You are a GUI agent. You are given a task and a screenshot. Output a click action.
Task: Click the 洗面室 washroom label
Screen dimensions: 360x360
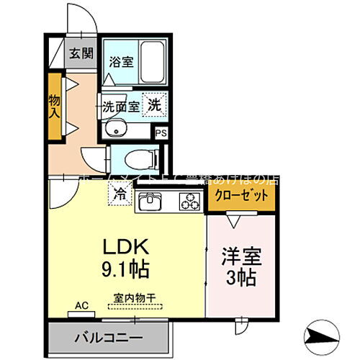117,105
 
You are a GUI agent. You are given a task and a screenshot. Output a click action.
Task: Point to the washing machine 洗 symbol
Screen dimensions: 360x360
154,104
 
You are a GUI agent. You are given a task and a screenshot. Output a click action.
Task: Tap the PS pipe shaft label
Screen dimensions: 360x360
161,133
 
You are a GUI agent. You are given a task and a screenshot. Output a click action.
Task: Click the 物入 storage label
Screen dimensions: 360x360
54,105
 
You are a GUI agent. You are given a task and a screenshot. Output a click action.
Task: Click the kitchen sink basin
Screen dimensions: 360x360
148,204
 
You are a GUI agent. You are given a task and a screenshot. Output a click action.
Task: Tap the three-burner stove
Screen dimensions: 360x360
189,204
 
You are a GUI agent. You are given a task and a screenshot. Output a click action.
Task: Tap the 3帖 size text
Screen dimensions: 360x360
241,278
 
